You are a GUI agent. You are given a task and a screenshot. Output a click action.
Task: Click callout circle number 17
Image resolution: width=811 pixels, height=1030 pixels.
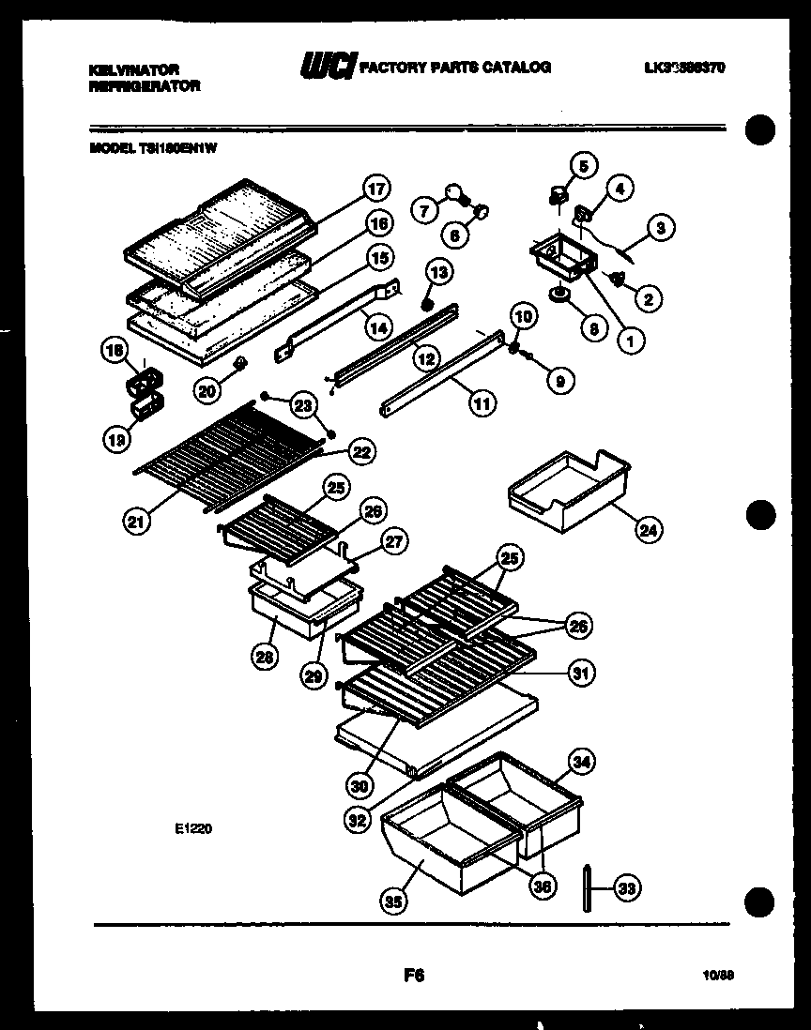click(x=376, y=188)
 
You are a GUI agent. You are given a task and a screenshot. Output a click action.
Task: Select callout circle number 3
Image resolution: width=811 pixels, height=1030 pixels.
click(x=661, y=226)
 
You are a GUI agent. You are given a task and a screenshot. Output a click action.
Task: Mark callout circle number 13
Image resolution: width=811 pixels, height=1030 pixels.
click(x=438, y=272)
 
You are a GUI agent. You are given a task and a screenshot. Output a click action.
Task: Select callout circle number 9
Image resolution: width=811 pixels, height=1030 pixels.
click(x=559, y=381)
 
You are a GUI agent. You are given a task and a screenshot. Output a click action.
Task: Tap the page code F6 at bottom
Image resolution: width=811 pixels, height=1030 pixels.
click(x=414, y=976)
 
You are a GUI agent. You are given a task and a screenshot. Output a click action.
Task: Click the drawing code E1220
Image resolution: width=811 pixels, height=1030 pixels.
click(x=191, y=828)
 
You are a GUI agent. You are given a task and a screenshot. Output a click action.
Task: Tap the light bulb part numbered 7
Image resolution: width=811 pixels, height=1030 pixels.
click(x=455, y=191)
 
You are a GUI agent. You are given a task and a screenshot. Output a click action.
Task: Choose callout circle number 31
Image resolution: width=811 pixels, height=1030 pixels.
click(x=582, y=672)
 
